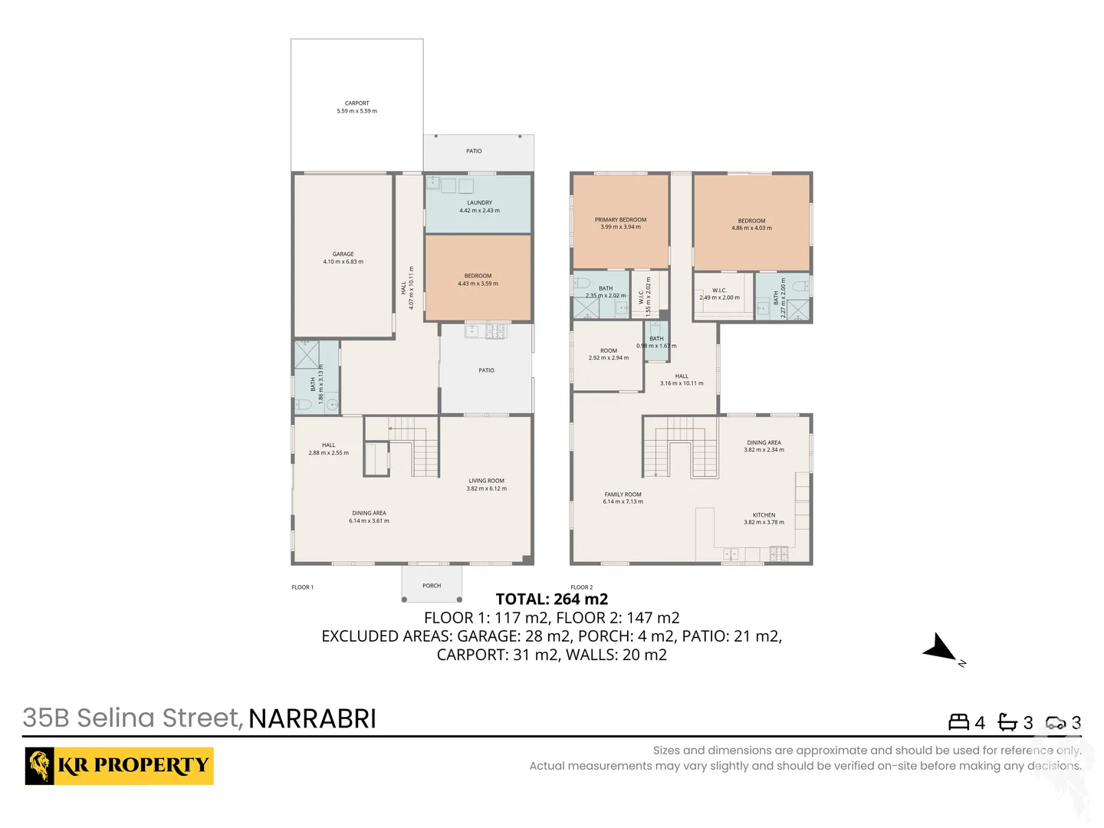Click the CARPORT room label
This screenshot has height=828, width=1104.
[x=356, y=107]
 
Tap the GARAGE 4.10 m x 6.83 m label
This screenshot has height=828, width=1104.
[x=343, y=258]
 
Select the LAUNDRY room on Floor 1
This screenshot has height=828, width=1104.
[x=479, y=206]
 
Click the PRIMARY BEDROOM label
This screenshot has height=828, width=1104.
[x=620, y=223]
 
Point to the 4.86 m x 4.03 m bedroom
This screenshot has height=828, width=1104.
[x=751, y=224]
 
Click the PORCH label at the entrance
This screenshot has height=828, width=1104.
[x=432, y=586]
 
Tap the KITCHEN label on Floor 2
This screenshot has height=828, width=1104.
[x=764, y=518]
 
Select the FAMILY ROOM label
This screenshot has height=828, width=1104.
[x=623, y=498]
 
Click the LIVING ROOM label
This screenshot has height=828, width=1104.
[x=486, y=485]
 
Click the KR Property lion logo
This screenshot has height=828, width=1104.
[x=40, y=765]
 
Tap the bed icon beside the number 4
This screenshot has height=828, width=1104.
[x=958, y=722]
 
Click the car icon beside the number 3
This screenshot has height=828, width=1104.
[x=1056, y=722]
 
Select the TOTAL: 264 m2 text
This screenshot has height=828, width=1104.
[x=551, y=600]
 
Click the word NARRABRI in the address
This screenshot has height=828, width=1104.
[x=312, y=719]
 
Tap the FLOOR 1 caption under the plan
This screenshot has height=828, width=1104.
[x=302, y=587]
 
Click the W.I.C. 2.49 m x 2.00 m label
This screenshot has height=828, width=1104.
[x=719, y=294]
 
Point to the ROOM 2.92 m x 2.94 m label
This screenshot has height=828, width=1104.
[x=608, y=354]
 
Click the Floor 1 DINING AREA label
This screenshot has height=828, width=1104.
[x=369, y=517]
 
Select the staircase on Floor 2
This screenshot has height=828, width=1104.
[x=680, y=449]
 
